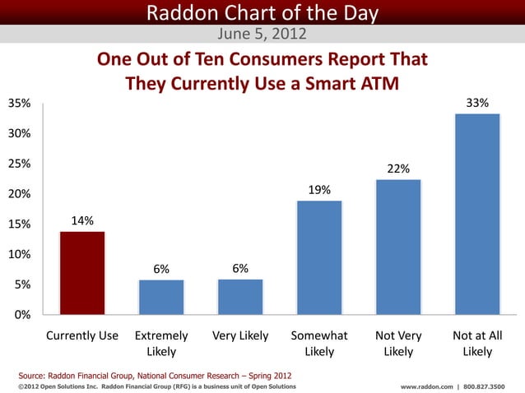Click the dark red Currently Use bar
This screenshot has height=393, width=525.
point(81,273)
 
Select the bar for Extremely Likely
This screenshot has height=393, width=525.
point(161,297)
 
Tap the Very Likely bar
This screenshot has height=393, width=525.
point(240,297)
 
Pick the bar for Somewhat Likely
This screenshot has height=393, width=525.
point(319,257)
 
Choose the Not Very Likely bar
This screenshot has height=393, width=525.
point(398,247)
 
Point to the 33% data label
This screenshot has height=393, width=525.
point(477,104)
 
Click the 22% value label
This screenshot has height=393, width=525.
point(398,169)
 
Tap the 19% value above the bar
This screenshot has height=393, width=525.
point(319,190)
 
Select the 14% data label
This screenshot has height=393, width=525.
point(82,220)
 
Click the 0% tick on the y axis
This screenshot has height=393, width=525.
point(20,315)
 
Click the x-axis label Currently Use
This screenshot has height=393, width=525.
point(82,336)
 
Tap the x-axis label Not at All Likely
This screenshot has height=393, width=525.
point(477,344)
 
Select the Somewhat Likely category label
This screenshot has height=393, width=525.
point(319,344)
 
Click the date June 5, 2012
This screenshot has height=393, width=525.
point(262,35)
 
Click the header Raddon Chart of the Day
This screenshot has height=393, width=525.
point(262,13)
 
